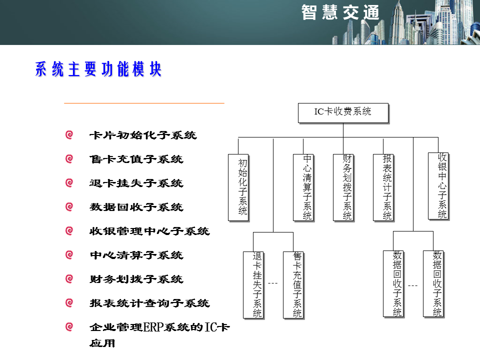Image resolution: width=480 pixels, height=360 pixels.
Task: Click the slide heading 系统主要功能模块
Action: pos(98,69)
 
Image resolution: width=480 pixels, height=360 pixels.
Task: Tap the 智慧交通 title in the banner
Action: pos(340,12)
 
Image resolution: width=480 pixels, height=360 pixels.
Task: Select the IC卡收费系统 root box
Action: pos(343,112)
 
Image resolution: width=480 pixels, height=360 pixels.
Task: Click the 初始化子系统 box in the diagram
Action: pos(238,187)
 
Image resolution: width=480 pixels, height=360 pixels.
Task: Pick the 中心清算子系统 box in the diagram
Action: pos(303,187)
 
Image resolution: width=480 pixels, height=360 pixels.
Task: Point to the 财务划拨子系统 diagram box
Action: pos(343,187)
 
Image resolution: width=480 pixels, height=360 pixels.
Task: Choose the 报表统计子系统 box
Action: pos(383,187)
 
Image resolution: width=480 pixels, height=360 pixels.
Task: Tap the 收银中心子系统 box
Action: pos(438,185)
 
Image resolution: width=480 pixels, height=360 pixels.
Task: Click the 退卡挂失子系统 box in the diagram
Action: pos(253,284)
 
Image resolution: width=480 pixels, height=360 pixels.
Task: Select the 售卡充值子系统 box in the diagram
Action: pos(293,284)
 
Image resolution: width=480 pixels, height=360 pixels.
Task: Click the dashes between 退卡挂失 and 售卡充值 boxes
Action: pos(272,284)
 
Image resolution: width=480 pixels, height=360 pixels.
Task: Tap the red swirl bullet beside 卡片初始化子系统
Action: pos(69,135)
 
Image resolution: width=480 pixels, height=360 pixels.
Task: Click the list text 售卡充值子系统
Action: pos(136,159)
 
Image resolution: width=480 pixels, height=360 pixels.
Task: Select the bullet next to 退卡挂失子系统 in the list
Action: pos(69,183)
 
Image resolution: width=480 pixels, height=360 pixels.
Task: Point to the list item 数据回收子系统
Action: pos(136,207)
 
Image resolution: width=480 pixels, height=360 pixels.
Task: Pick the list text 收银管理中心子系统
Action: pos(149,231)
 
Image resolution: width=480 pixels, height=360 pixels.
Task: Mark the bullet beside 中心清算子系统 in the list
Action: pos(69,255)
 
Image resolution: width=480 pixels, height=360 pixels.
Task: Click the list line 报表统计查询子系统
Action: pos(149,303)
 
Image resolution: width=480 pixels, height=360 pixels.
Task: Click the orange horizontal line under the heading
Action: pos(144,103)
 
